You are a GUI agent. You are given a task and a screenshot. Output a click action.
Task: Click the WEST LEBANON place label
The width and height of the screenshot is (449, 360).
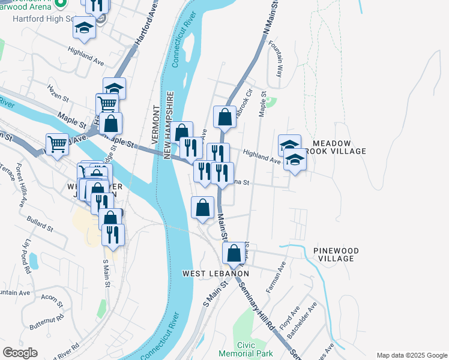click(215, 274)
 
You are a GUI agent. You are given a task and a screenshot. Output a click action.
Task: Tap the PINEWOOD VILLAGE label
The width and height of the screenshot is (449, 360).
click(337, 254)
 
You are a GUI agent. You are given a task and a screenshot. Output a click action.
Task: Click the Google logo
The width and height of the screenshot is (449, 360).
click(20, 352)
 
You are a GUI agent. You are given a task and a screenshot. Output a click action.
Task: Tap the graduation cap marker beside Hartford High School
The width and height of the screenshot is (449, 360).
click(84, 28)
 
